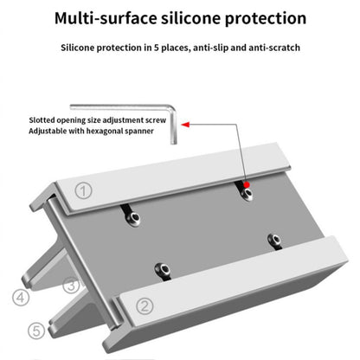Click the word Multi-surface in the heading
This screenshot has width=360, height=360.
coord(101,17)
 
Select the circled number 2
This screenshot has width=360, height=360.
coord(145,305)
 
